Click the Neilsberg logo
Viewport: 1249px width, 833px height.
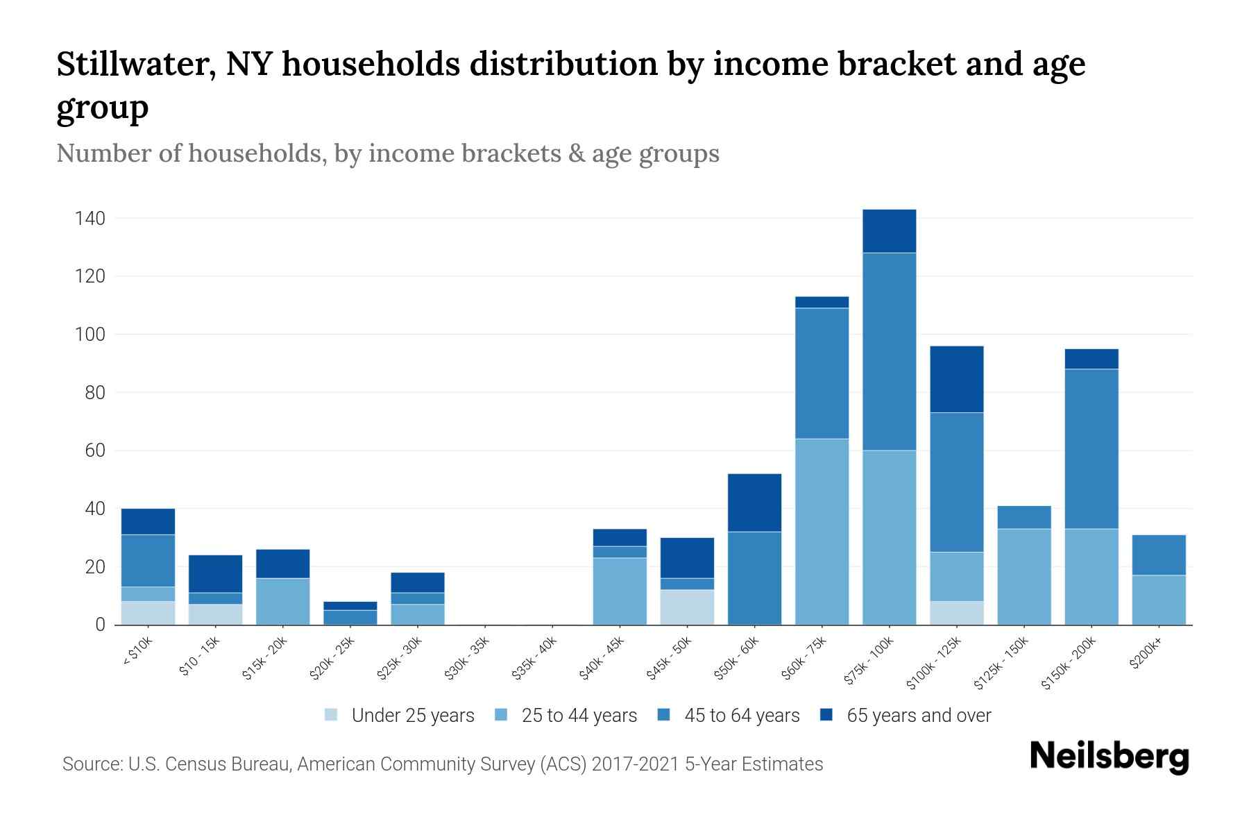pos(1109,757)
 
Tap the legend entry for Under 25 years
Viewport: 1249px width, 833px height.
pos(400,715)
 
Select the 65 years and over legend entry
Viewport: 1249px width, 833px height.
pos(906,715)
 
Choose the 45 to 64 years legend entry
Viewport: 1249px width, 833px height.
pos(729,715)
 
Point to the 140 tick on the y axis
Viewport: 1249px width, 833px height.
pos(90,219)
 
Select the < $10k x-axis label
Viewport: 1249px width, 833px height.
pos(137,653)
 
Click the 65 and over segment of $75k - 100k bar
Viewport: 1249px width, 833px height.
pos(889,231)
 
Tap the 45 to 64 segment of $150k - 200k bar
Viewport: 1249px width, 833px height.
pos(1091,448)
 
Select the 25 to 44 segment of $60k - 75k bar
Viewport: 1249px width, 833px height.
pos(822,531)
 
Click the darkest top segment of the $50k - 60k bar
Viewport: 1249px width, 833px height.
pos(754,503)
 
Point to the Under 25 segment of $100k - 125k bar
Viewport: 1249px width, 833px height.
pos(956,613)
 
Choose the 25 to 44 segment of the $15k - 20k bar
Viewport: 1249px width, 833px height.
pos(282,601)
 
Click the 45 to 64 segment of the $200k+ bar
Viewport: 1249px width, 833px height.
pos(1159,555)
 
